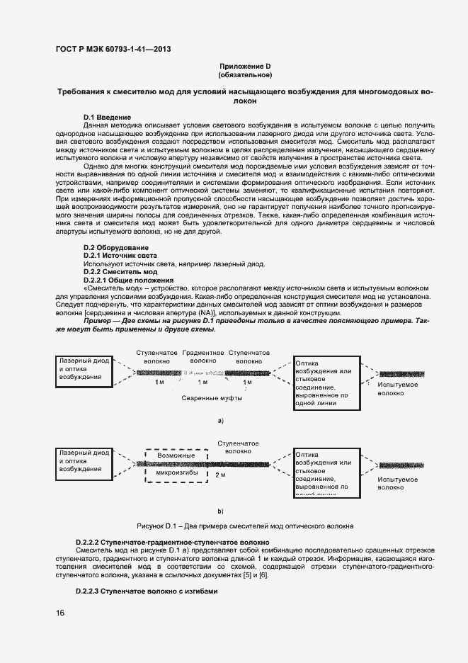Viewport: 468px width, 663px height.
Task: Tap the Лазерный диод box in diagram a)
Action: [x=84, y=369]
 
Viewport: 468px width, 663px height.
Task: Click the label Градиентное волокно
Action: [x=203, y=356]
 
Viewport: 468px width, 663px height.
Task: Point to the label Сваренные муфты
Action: [x=212, y=398]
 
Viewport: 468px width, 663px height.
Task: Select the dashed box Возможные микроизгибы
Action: [x=176, y=467]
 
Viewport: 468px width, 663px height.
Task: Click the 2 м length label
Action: [x=219, y=475]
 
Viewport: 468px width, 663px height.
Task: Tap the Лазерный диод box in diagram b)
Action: [x=84, y=460]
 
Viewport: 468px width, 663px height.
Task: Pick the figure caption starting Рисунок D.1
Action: [x=245, y=526]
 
